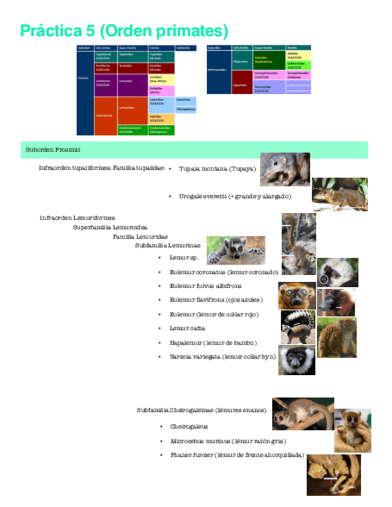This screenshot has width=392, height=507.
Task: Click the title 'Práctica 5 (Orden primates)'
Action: pyautogui.click(x=124, y=31)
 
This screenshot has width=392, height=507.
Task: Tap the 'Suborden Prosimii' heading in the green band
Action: pyautogui.click(x=53, y=149)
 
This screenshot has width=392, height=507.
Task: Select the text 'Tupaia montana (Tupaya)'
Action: pyautogui.click(x=217, y=169)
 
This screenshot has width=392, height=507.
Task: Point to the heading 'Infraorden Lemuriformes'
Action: pyautogui.click(x=77, y=218)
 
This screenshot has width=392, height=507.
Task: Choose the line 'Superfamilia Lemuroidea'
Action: pyautogui.click(x=111, y=227)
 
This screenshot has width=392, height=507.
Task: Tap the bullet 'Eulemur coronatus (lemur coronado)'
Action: pyautogui.click(x=223, y=272)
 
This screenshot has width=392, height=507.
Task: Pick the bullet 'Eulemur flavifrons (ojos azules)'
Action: pyautogui.click(x=216, y=300)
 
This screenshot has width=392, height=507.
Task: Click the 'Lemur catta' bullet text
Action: pyautogui.click(x=187, y=328)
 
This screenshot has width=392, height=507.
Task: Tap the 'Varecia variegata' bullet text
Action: pyautogui.click(x=222, y=356)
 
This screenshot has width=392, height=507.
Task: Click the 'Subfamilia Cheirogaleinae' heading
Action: pyautogui.click(x=201, y=410)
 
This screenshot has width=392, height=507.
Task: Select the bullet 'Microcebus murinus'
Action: pyautogui.click(x=219, y=441)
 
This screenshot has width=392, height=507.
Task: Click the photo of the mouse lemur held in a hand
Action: pyautogui.click(x=353, y=429)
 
